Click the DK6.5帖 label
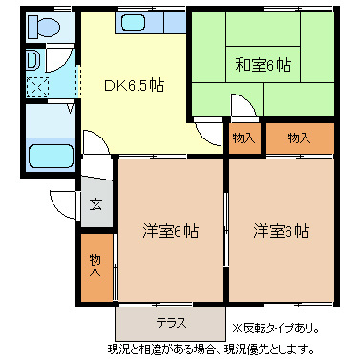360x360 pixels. point(133,85)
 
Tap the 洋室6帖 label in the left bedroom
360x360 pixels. point(171,230)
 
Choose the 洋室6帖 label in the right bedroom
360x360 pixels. point(281,230)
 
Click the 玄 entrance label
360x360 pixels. point(96,203)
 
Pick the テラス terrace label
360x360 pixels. point(171,322)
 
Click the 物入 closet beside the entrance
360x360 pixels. point(95,265)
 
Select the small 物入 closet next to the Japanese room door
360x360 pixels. point(244,138)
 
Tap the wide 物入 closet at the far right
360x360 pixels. point(299,138)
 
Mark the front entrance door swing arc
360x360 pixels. point(65,202)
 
